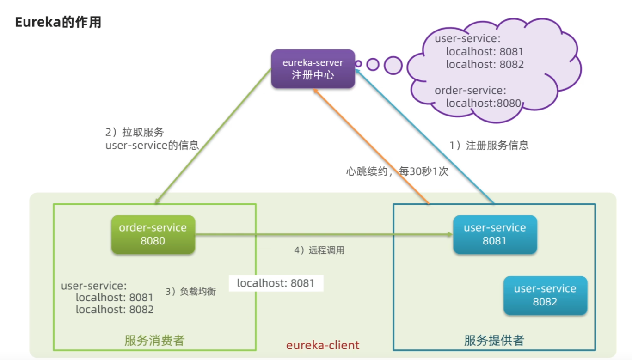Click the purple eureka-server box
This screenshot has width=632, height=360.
[313, 69]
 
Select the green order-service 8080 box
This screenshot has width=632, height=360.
[153, 234]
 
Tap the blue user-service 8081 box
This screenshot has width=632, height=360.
[495, 234]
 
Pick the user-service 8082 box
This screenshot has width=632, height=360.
[545, 295]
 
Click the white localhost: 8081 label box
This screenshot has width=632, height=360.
[276, 283]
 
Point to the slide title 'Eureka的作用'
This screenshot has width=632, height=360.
[58, 23]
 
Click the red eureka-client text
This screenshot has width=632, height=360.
[323, 345]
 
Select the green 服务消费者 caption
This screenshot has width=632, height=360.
[154, 341]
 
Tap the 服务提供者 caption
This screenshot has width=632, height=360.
[494, 341]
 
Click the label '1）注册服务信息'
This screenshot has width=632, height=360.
[489, 146]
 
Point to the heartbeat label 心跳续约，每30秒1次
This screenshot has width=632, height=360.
[397, 171]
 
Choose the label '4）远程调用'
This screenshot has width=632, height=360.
[319, 250]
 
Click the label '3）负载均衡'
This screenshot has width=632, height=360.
[190, 292]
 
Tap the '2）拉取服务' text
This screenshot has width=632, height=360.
[135, 133]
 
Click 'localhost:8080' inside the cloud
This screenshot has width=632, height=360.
[483, 103]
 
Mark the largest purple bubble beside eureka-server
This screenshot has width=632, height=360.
[393, 65]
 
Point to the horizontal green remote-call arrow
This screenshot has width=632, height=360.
[324, 235]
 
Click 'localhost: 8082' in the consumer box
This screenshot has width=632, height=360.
[114, 310]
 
